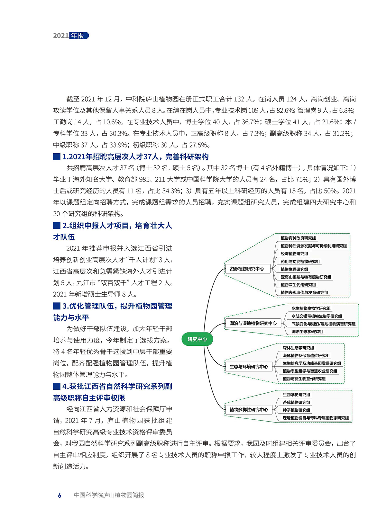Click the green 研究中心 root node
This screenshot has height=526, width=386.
(197, 339)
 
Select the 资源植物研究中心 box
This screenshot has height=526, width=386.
(247, 269)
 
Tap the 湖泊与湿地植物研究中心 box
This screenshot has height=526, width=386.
(253, 323)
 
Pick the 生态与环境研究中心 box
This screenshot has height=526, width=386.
(249, 367)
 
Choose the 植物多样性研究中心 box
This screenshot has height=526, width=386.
(249, 410)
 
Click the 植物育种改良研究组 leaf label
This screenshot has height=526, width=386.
(298, 238)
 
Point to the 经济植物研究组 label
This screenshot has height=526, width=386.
(294, 254)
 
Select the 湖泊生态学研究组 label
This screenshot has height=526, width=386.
(307, 332)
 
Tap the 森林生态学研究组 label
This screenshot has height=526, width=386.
(298, 348)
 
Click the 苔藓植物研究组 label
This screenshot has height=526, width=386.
(296, 402)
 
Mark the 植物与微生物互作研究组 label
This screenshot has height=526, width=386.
(304, 379)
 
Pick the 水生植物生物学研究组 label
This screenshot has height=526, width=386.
(311, 308)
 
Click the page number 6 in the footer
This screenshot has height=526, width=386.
(60, 495)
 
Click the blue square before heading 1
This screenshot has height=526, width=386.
(57, 157)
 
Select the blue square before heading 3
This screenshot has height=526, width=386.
(57, 306)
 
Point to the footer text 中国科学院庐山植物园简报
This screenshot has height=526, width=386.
(109, 495)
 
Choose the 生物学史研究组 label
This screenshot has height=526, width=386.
(296, 395)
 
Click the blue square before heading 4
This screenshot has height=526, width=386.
(57, 386)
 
